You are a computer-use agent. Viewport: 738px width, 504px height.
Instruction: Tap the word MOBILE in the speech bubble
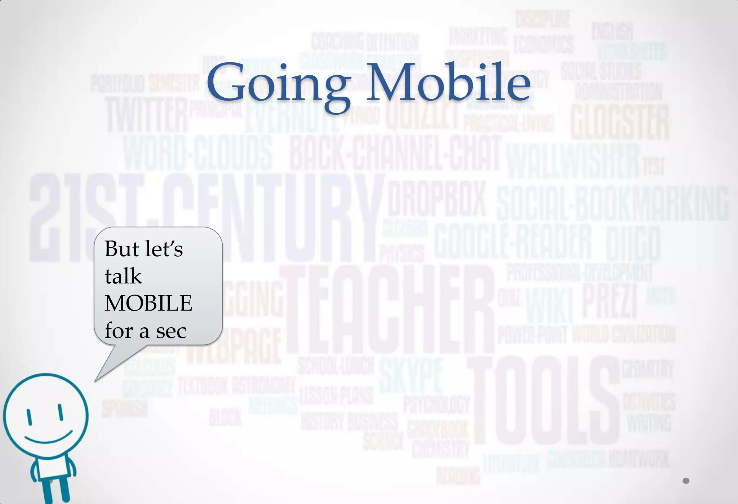[148, 303]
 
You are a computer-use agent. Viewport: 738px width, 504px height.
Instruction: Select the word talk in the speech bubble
[123, 276]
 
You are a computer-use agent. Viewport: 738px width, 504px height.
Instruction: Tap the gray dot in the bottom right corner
[686, 481]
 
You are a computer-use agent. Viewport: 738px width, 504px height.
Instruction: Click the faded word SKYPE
[410, 375]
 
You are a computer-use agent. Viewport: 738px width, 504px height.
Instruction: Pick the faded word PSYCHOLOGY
[436, 404]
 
